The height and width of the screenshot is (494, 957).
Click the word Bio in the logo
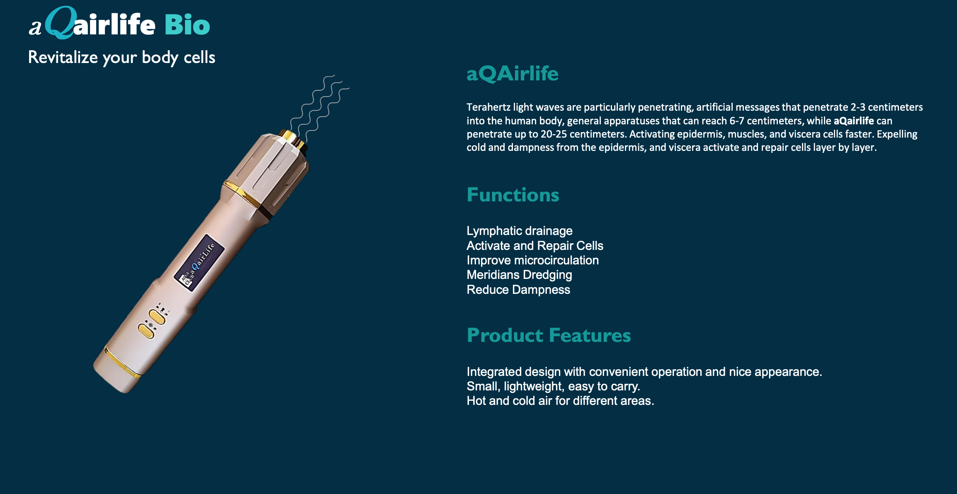[187, 25]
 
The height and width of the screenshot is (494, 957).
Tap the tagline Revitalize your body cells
[121, 57]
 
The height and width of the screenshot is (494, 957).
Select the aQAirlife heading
[513, 74]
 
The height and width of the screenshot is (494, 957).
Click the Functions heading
[513, 195]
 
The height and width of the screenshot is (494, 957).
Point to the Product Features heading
[549, 335]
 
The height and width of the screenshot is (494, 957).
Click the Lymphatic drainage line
[520, 231]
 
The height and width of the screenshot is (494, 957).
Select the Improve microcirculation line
[533, 260]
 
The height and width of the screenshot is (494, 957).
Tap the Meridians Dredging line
[520, 275]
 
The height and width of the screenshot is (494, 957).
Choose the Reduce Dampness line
[518, 290]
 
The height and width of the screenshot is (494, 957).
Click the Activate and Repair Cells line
[535, 246]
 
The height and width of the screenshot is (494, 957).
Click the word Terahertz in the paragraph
[488, 107]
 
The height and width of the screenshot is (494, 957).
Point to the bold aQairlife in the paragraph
[854, 121]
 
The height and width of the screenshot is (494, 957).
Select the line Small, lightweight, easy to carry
[554, 386]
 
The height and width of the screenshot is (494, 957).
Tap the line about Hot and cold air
[561, 401]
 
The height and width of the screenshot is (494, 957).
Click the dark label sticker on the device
[199, 263]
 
